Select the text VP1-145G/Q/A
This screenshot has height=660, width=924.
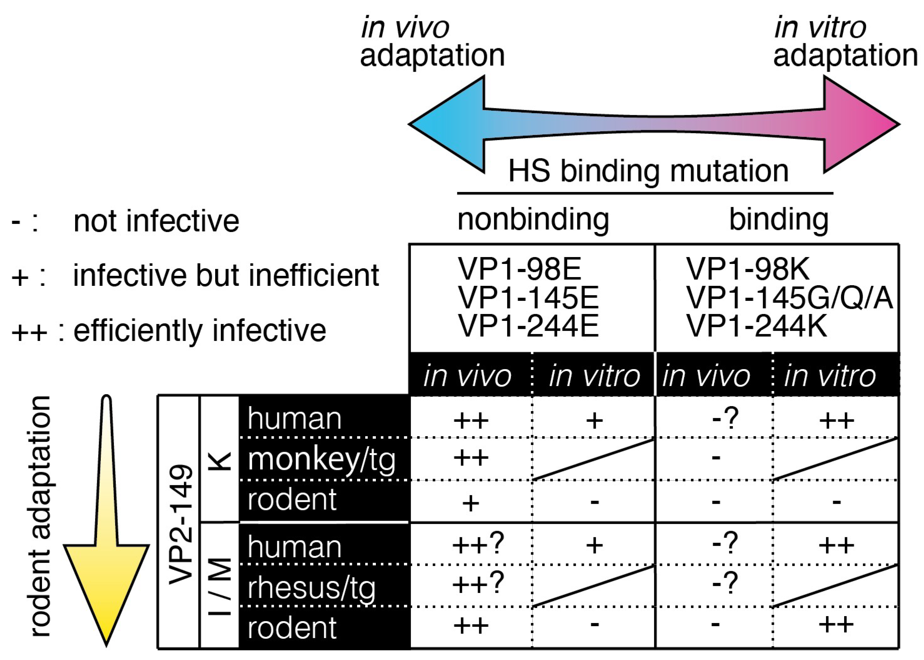point(789,298)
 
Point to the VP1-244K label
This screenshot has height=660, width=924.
point(756,326)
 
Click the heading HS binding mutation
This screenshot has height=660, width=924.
point(648,171)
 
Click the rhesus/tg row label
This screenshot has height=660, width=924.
point(311,588)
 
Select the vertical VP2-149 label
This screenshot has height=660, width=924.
point(180,524)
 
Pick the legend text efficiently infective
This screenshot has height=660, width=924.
point(200,330)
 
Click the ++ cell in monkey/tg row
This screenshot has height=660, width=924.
point(471,458)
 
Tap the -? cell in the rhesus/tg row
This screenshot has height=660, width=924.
point(725,584)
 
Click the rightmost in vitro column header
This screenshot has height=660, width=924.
point(829,376)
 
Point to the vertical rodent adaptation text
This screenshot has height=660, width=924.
point(41,516)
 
